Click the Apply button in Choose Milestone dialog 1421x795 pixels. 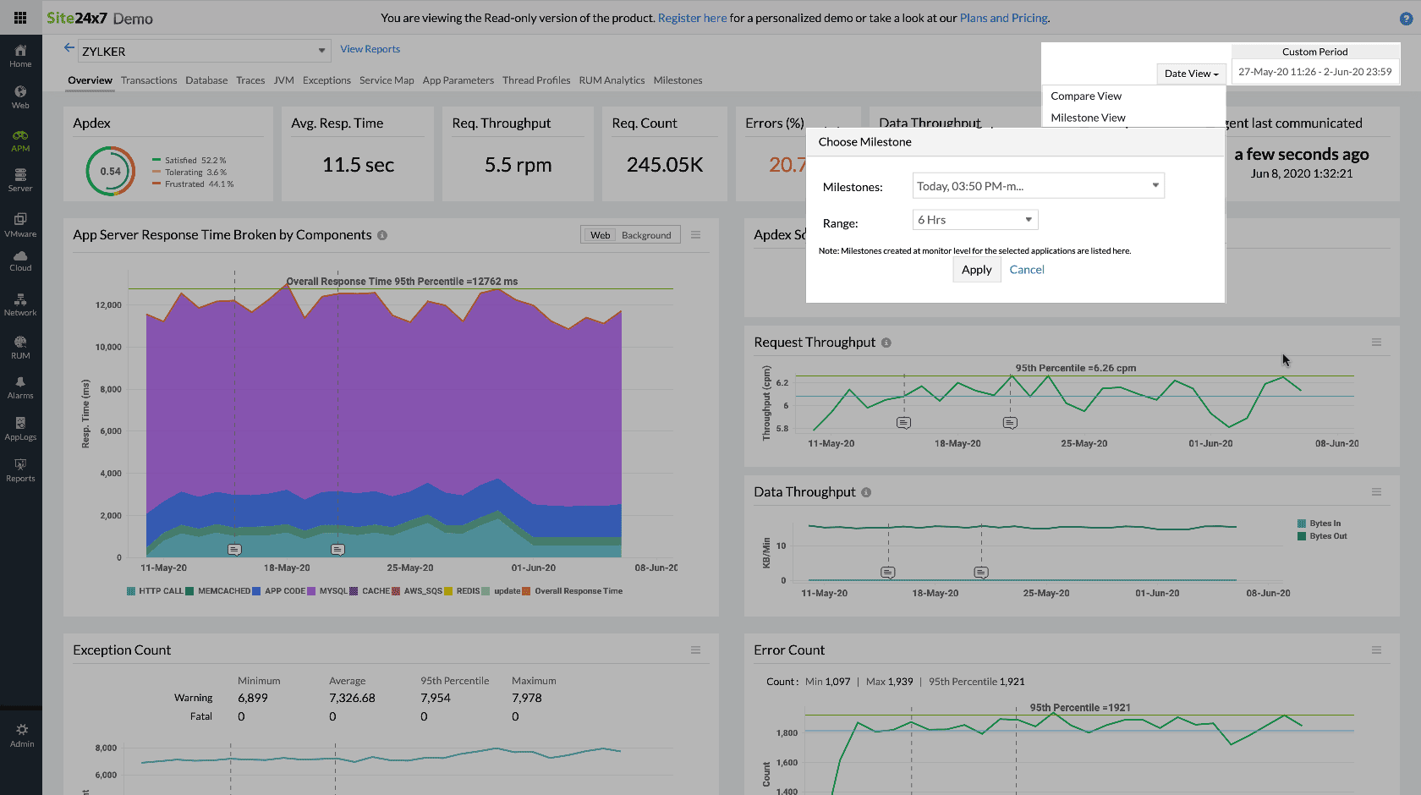coord(976,270)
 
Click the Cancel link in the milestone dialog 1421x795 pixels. coord(1026,270)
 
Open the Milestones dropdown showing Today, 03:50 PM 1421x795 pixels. coord(1038,186)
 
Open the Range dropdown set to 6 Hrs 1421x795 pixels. coord(974,220)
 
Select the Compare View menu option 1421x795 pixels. coord(1085,96)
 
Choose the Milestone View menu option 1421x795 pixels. coord(1088,118)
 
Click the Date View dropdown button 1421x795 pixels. coord(1190,74)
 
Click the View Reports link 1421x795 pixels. coord(370,49)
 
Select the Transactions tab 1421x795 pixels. coord(149,80)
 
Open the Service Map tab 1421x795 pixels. coord(387,80)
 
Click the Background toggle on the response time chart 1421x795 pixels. coord(645,235)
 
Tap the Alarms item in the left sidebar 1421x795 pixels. coord(20,387)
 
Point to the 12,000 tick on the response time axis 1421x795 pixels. coord(108,305)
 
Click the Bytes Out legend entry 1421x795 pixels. coord(1327,536)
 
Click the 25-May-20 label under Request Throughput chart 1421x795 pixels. coord(1084,443)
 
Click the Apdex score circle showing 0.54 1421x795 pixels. coord(111,171)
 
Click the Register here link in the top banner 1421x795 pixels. coord(692,18)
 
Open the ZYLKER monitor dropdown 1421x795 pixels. coord(203,51)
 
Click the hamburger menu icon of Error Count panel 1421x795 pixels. coord(1376,650)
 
